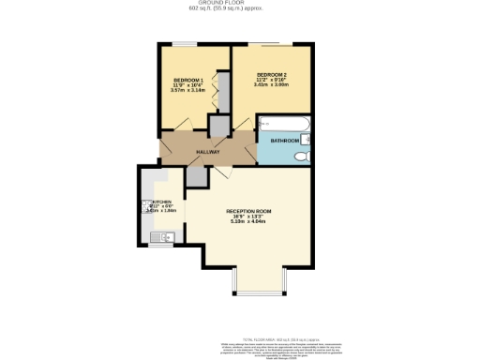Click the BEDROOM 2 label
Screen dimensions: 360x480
271,74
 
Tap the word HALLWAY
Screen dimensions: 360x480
207,151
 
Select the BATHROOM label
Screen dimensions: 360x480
284,141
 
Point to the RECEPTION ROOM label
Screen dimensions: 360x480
247,212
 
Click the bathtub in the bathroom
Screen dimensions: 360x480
287,124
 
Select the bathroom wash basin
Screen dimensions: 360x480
307,141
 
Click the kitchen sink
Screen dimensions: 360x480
155,235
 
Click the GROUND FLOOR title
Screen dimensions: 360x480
240,4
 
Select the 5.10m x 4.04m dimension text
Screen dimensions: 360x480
247,222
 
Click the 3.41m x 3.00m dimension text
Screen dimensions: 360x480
271,84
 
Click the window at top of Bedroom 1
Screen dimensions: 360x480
183,43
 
